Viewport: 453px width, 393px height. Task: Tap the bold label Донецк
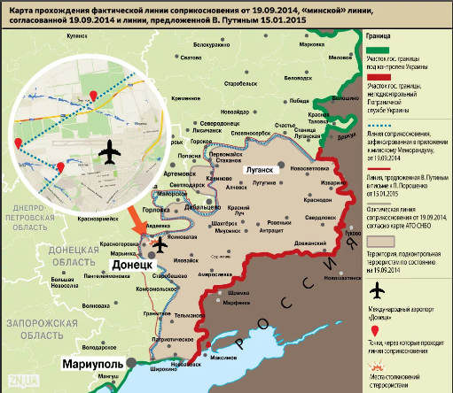137,264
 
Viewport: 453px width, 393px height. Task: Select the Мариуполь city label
93,364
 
